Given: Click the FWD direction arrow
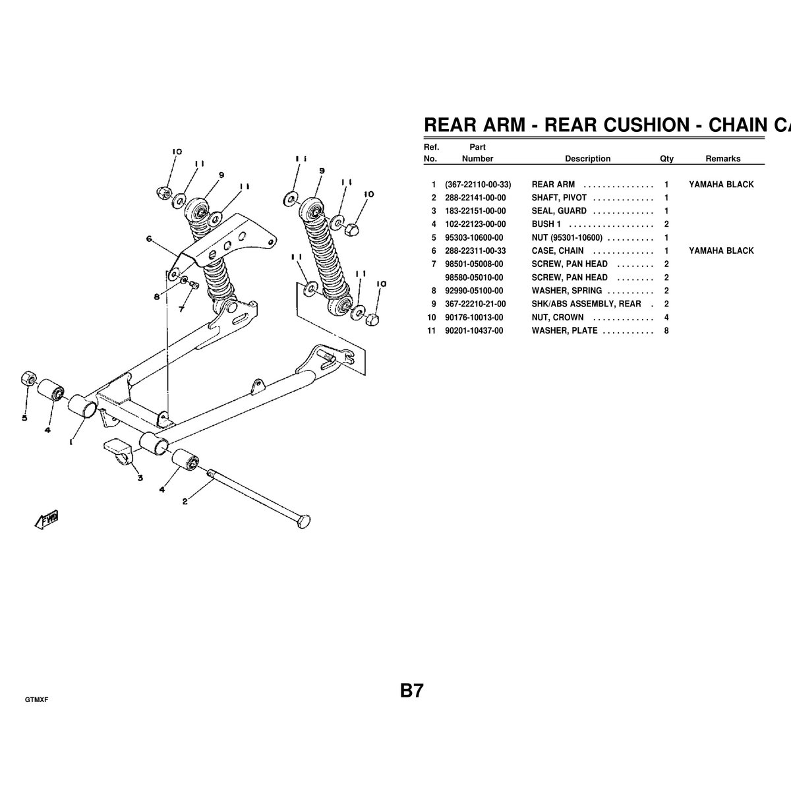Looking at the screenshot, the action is click(46, 519).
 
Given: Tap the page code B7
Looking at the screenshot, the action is click(411, 690).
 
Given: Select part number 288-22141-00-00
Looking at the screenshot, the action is click(475, 198).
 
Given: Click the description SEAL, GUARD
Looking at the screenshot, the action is click(559, 211).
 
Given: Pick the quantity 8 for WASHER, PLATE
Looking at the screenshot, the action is click(666, 331).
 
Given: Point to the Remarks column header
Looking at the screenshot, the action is click(723, 159).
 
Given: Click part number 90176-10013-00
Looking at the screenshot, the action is click(474, 318).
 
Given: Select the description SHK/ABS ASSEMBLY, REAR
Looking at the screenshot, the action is click(586, 304).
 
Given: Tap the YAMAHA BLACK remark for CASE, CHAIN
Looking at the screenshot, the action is click(721, 250).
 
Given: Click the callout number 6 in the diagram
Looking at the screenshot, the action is click(149, 239).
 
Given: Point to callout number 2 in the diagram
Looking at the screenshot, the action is click(185, 501).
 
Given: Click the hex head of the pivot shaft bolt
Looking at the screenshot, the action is click(303, 521).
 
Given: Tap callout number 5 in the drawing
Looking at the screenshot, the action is click(24, 418).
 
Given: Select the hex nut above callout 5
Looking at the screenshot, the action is click(28, 378).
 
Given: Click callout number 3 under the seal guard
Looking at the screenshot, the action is click(140, 478).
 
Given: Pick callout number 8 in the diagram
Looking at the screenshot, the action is click(156, 297).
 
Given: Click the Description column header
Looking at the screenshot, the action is click(587, 159).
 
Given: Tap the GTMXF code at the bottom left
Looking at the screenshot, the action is click(36, 700).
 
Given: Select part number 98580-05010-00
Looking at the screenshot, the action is click(474, 278).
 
